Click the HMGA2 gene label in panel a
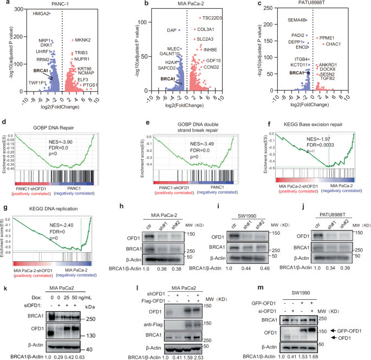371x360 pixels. coord(39,12)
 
